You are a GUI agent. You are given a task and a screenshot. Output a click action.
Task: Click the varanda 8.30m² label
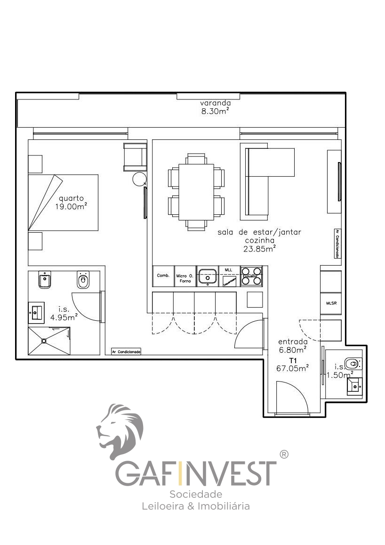[215, 107]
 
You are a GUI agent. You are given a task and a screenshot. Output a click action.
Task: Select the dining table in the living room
[196, 192]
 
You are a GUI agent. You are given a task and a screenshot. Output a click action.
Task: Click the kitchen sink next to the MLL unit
[207, 276]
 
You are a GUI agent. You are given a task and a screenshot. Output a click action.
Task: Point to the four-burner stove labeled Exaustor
[251, 277]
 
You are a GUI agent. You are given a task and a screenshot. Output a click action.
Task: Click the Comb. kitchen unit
[163, 276]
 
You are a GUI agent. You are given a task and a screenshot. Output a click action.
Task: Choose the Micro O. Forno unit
[185, 277]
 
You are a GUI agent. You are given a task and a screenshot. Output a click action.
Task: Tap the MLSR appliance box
[331, 303]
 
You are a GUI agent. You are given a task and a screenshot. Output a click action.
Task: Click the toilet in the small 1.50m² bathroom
[353, 363]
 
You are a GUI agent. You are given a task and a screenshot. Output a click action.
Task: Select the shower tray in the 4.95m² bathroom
[49, 341]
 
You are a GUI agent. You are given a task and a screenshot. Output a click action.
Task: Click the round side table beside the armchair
[139, 179]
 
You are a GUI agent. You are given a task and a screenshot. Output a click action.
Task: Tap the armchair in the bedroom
[135, 157]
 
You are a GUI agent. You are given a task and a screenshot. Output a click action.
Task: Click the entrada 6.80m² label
[293, 345]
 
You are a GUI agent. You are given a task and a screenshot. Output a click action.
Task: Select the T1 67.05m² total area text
[293, 364]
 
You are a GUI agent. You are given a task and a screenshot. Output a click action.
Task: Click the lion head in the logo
[120, 430]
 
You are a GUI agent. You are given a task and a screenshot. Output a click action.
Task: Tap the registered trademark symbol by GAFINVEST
[284, 455]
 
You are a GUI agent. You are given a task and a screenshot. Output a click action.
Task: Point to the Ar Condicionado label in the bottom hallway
[126, 351]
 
